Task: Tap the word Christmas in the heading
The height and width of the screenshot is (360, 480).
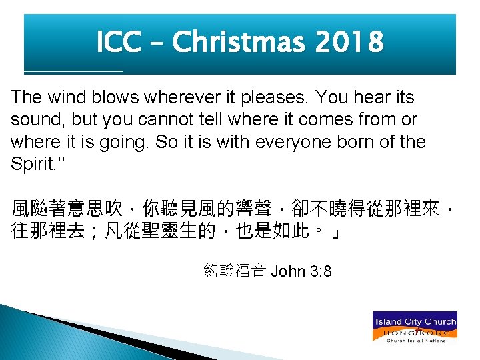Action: click(237, 43)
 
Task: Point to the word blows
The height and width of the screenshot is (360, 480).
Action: click(113, 97)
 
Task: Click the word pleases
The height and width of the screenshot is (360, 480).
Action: click(275, 99)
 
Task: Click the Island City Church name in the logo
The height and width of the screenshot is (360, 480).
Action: click(415, 321)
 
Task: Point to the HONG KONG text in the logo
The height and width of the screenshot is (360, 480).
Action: click(415, 331)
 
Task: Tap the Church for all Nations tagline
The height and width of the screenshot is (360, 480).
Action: click(415, 340)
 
